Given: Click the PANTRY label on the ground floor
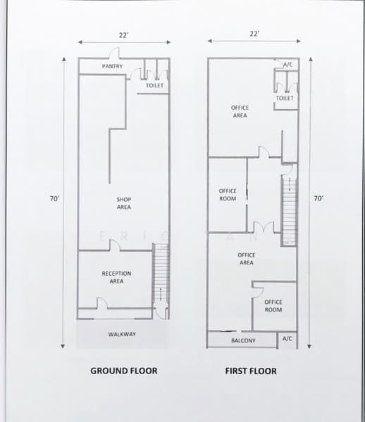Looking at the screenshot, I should coord(112,67).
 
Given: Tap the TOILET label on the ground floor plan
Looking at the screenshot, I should coord(154,86).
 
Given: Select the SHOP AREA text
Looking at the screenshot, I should coord(124,203).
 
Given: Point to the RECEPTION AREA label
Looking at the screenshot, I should coord(116,277).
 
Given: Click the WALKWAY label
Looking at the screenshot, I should coord(122,334).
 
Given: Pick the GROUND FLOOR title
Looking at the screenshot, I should coord(123,371).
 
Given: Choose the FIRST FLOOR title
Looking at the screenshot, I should coord(251,371).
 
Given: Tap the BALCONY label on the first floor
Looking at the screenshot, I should coord(243,341).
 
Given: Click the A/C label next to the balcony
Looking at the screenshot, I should coord(287,339).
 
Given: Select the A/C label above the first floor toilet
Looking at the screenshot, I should coord(287,65).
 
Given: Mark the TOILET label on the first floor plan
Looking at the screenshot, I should coord(285,98).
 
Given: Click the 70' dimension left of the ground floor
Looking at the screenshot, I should coord(54,199).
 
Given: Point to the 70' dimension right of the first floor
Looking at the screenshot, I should coord(318,199).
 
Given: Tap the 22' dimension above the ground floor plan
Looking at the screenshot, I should coord(124,33).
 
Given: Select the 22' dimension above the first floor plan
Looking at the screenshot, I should coord(254,33).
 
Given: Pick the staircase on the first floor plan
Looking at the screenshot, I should coord(288,208).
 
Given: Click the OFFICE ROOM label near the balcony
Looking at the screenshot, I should coord(273,306).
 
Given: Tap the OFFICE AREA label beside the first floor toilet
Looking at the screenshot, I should coord(240,111).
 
